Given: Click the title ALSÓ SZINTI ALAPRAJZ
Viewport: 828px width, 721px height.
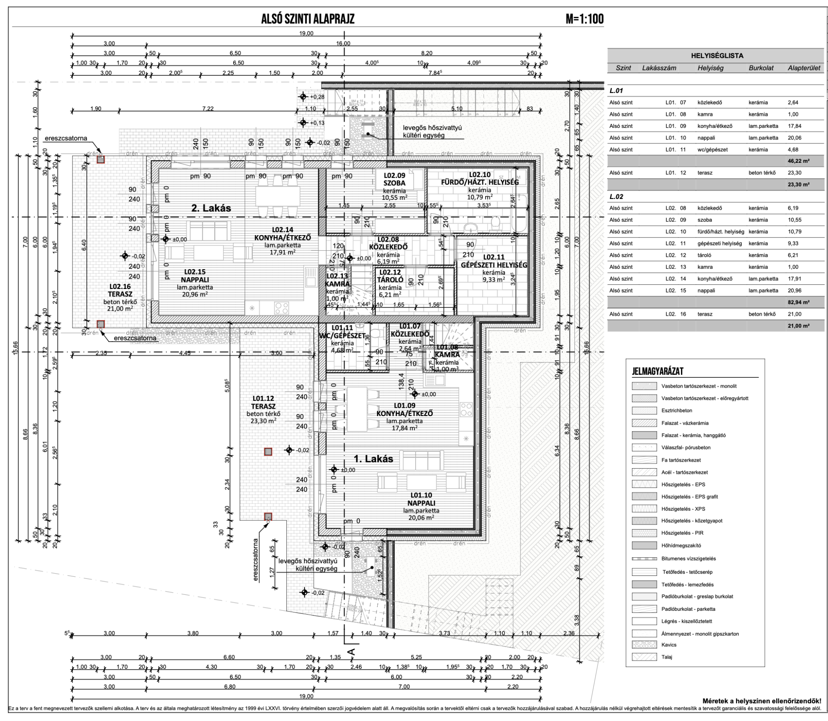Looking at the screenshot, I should pos(308,19).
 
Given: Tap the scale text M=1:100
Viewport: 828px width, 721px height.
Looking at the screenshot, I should pos(584,19).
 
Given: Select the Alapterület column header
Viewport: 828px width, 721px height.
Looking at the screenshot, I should pos(804,68).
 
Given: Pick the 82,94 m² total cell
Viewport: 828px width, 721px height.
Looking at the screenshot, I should pos(798,302).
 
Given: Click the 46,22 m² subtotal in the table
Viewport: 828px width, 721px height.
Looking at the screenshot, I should pos(798,161).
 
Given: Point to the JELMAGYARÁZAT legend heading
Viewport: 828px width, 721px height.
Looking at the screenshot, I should pos(658,371).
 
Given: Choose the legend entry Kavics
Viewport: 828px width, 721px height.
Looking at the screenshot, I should pos(669,645).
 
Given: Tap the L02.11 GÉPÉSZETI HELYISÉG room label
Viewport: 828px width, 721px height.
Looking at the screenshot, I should pos(494,261).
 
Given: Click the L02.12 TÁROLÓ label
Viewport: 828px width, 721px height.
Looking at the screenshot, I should pos(389,276).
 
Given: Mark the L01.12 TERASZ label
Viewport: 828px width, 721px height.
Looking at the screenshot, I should pos(263,402).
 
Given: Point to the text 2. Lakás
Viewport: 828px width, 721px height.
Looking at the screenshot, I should pos(211,208).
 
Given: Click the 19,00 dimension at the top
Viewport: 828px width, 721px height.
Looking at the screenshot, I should pos(306,34).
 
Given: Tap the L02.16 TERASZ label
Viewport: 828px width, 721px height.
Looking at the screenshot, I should pos(119,289).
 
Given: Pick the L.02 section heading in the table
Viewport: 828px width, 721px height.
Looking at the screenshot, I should pos(616,196).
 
